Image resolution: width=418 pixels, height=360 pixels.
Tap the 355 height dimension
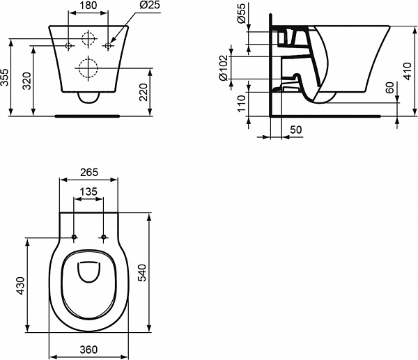point(6,77)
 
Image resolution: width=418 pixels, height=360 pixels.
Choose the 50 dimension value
point(295,130)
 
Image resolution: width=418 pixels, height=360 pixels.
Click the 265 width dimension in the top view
point(88,172)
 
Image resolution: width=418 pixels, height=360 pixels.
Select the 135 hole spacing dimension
point(88,192)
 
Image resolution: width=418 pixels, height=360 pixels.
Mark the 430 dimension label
point(20,285)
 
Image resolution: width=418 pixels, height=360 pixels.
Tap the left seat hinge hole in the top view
point(73,238)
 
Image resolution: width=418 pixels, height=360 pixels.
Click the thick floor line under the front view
point(88,115)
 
